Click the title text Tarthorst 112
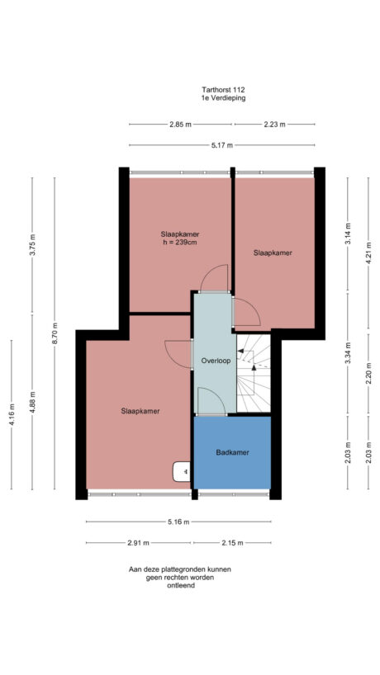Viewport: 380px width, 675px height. pos(223,89)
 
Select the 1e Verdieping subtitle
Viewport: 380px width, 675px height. pos(223,97)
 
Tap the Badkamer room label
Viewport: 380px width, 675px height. pos(232,452)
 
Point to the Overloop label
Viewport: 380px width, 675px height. pos(215,361)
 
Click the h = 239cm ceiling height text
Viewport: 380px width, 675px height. pos(180,243)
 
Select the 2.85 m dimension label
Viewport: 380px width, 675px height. pos(180,125)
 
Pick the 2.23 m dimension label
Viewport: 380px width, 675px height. pos(274,125)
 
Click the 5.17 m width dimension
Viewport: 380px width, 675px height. pos(221,145)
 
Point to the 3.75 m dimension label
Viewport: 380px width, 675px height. pos(32,246)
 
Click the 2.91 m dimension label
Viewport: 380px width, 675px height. pos(138,542)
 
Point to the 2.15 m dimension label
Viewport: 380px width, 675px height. pos(232,542)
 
